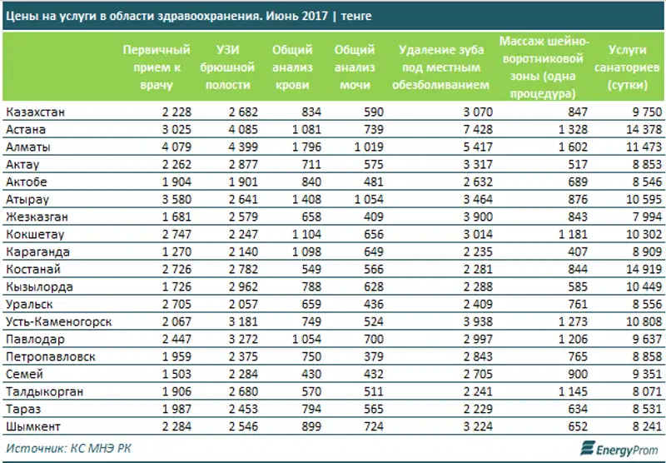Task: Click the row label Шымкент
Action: coord(29,426)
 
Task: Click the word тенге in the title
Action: coord(356,17)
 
